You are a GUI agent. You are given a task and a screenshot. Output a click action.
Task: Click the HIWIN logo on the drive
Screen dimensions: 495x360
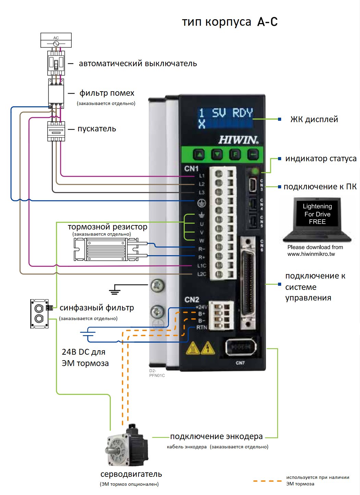click(238, 140)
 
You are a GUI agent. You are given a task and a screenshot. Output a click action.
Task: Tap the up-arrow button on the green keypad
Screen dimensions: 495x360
click(199, 155)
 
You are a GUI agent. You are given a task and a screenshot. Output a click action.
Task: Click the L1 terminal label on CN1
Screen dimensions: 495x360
click(202, 176)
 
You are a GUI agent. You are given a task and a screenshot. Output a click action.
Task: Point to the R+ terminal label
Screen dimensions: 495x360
click(202, 257)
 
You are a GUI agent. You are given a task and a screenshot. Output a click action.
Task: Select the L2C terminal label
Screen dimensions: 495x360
click(202, 274)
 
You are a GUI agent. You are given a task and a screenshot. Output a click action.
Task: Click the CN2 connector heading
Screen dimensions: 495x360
click(192, 299)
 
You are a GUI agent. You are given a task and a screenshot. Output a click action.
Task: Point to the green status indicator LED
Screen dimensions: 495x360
click(255, 170)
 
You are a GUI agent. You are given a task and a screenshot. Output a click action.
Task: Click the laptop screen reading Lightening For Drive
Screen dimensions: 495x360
click(317, 214)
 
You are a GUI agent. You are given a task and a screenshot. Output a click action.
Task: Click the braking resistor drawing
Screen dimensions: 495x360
click(106, 250)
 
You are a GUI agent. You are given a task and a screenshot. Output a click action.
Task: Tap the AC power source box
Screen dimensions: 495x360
click(56, 40)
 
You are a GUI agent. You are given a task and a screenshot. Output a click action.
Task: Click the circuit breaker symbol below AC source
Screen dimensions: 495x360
click(56, 63)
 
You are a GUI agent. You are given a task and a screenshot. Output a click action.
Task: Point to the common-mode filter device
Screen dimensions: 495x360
click(39, 314)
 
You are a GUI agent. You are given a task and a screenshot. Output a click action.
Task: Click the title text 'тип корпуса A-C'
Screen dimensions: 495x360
click(229, 22)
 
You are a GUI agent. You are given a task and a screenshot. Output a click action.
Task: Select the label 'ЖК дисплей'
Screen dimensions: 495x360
click(314, 119)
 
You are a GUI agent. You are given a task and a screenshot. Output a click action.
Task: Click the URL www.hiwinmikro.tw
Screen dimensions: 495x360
click(311, 254)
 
